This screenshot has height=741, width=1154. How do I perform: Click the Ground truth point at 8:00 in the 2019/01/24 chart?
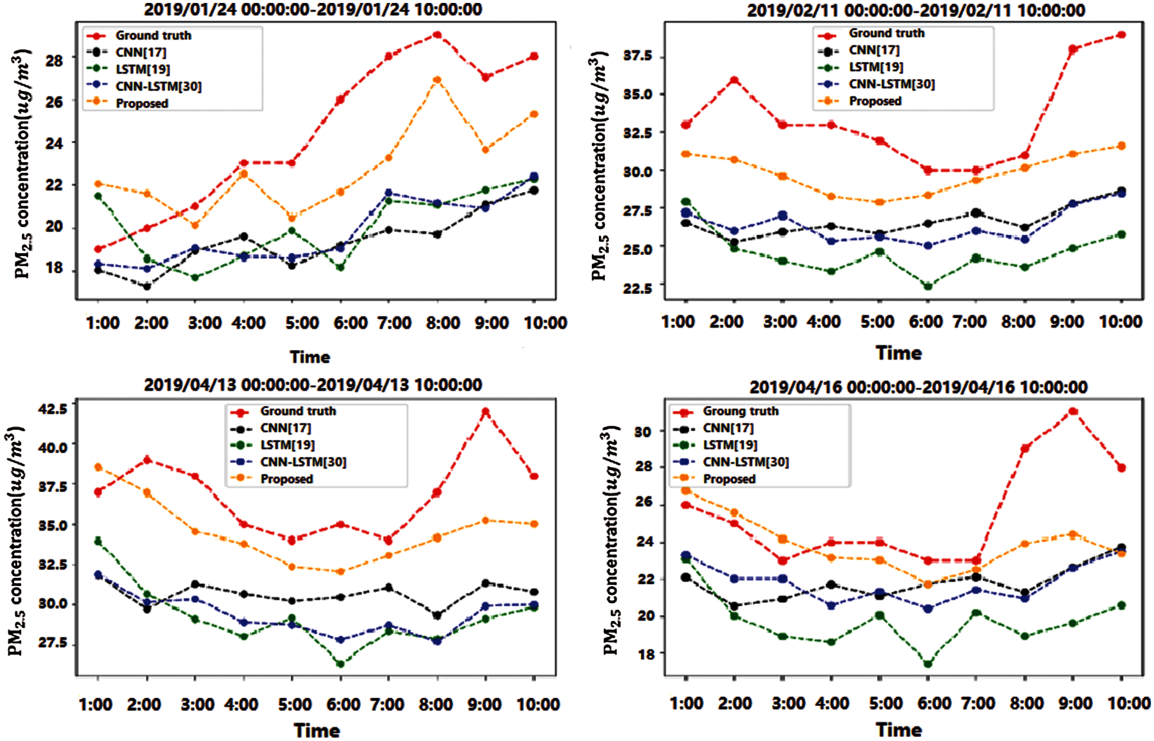point(437,35)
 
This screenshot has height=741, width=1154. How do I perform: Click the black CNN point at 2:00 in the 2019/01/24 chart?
point(147,286)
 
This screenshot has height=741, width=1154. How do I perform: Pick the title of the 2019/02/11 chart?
point(916,10)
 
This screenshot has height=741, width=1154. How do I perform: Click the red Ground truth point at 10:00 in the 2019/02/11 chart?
point(1121,35)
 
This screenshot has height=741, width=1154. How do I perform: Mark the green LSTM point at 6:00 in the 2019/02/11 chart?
point(928,286)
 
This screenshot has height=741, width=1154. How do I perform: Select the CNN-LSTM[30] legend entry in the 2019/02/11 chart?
point(892,84)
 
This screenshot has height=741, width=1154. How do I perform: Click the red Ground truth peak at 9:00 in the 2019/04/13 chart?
point(485,412)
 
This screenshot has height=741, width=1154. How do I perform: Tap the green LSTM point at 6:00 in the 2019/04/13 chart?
point(340,664)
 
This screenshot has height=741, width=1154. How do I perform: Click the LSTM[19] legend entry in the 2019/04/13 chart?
point(287,445)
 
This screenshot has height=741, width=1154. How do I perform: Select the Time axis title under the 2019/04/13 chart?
point(317,730)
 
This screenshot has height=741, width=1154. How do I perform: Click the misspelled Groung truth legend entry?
point(740,411)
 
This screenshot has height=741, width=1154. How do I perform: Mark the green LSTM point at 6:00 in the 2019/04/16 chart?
point(928,664)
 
